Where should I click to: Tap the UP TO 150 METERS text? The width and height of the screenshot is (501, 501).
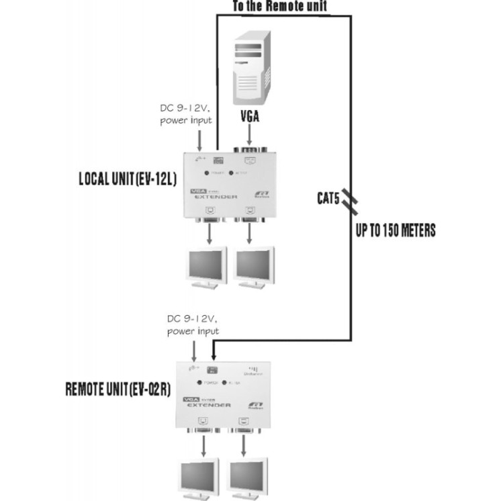396,231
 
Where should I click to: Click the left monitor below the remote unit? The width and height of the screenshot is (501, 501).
198,477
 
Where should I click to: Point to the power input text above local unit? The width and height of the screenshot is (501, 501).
186,116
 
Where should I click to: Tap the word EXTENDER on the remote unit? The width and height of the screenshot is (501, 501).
208,405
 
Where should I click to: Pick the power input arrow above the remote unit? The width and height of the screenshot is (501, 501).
194,350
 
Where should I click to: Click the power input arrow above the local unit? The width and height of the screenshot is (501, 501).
199,141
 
